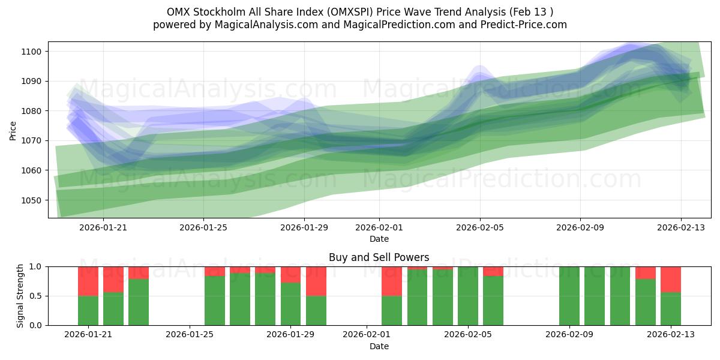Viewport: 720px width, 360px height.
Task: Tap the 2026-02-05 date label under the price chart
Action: pyautogui.click(x=479, y=228)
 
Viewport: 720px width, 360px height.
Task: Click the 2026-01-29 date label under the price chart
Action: pyautogui.click(x=304, y=228)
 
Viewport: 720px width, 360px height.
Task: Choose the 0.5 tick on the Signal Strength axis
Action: pyautogui.click(x=37, y=296)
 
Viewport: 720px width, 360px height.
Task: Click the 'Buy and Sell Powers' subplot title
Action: pyautogui.click(x=379, y=257)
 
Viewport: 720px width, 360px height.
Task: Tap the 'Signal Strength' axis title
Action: pyautogui.click(x=20, y=295)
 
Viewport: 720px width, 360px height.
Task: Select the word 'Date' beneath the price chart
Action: pyautogui.click(x=379, y=239)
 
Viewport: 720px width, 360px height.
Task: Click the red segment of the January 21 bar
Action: pyautogui.click(x=88, y=281)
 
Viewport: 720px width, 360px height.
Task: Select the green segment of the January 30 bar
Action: pyautogui.click(x=316, y=310)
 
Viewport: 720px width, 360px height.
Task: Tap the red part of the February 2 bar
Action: pyautogui.click(x=392, y=281)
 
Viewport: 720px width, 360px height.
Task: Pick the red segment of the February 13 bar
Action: pyautogui.click(x=671, y=279)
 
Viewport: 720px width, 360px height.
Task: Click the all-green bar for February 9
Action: pyautogui.click(x=569, y=296)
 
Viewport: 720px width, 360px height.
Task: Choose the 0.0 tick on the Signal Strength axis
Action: pyautogui.click(x=37, y=325)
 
